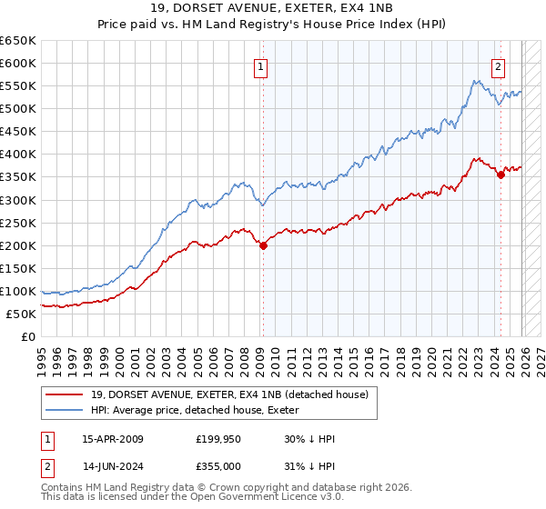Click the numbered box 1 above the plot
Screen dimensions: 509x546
[261, 66]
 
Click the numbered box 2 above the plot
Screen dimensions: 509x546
[499, 66]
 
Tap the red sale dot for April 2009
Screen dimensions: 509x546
[263, 245]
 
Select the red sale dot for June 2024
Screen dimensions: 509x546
[500, 175]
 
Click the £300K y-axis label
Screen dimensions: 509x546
[18, 200]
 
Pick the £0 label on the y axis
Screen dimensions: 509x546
[29, 336]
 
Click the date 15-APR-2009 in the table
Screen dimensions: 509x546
[112, 439]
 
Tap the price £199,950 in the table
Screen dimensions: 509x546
[219, 439]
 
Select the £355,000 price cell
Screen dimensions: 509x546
[219, 466]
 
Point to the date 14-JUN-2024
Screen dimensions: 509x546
[112, 466]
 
